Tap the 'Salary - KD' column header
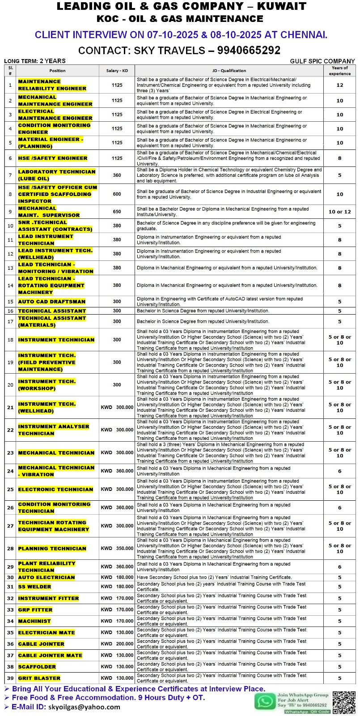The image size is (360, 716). click(117, 71)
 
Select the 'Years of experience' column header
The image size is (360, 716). click(339, 71)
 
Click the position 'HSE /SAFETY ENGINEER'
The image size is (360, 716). click(53, 158)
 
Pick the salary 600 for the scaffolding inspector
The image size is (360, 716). click(117, 194)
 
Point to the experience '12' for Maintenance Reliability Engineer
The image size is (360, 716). click(339, 85)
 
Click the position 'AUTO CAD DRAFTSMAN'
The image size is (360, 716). click(51, 302)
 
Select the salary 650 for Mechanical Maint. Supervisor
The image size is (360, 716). click(117, 212)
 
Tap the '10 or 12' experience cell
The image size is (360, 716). click(339, 212)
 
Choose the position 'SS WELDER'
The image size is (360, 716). click(34, 587)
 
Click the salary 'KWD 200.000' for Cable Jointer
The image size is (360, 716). click(117, 644)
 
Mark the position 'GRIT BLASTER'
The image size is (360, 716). click(39, 678)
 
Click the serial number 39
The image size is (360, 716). click(10, 678)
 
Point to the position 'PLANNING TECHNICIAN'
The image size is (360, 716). click(52, 548)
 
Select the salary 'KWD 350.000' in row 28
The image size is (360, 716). click(117, 548)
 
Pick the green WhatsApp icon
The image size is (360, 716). click(265, 701)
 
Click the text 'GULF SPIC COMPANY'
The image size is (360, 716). click(322, 61)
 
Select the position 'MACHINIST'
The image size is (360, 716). click(34, 621)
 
